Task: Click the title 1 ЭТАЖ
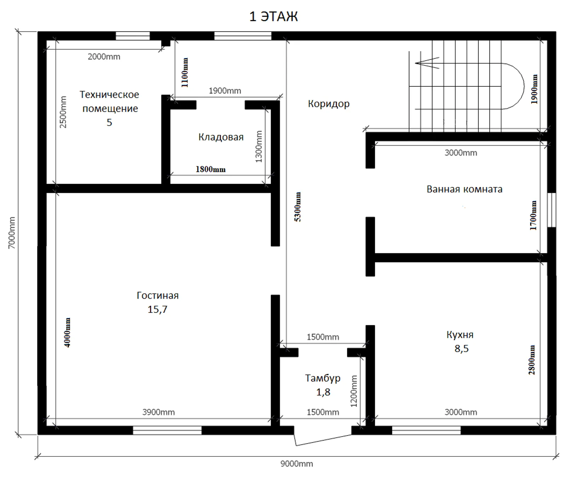click(273, 17)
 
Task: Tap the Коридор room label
click(329, 104)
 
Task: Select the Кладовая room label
click(221, 137)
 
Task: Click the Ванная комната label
click(464, 189)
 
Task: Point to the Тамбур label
click(323, 378)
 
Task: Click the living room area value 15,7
click(157, 310)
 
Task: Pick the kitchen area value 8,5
click(462, 349)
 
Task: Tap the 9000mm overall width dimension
click(297, 464)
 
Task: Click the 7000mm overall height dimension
click(12, 232)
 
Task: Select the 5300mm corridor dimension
click(298, 207)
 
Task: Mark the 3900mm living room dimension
click(158, 412)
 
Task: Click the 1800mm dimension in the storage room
click(210, 169)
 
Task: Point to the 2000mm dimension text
click(104, 57)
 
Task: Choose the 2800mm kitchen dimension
click(532, 360)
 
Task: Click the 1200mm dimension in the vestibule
click(354, 391)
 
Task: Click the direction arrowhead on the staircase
click(427, 63)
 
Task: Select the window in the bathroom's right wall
click(551, 210)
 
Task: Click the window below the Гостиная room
click(167, 430)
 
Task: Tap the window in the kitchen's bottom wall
click(426, 430)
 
